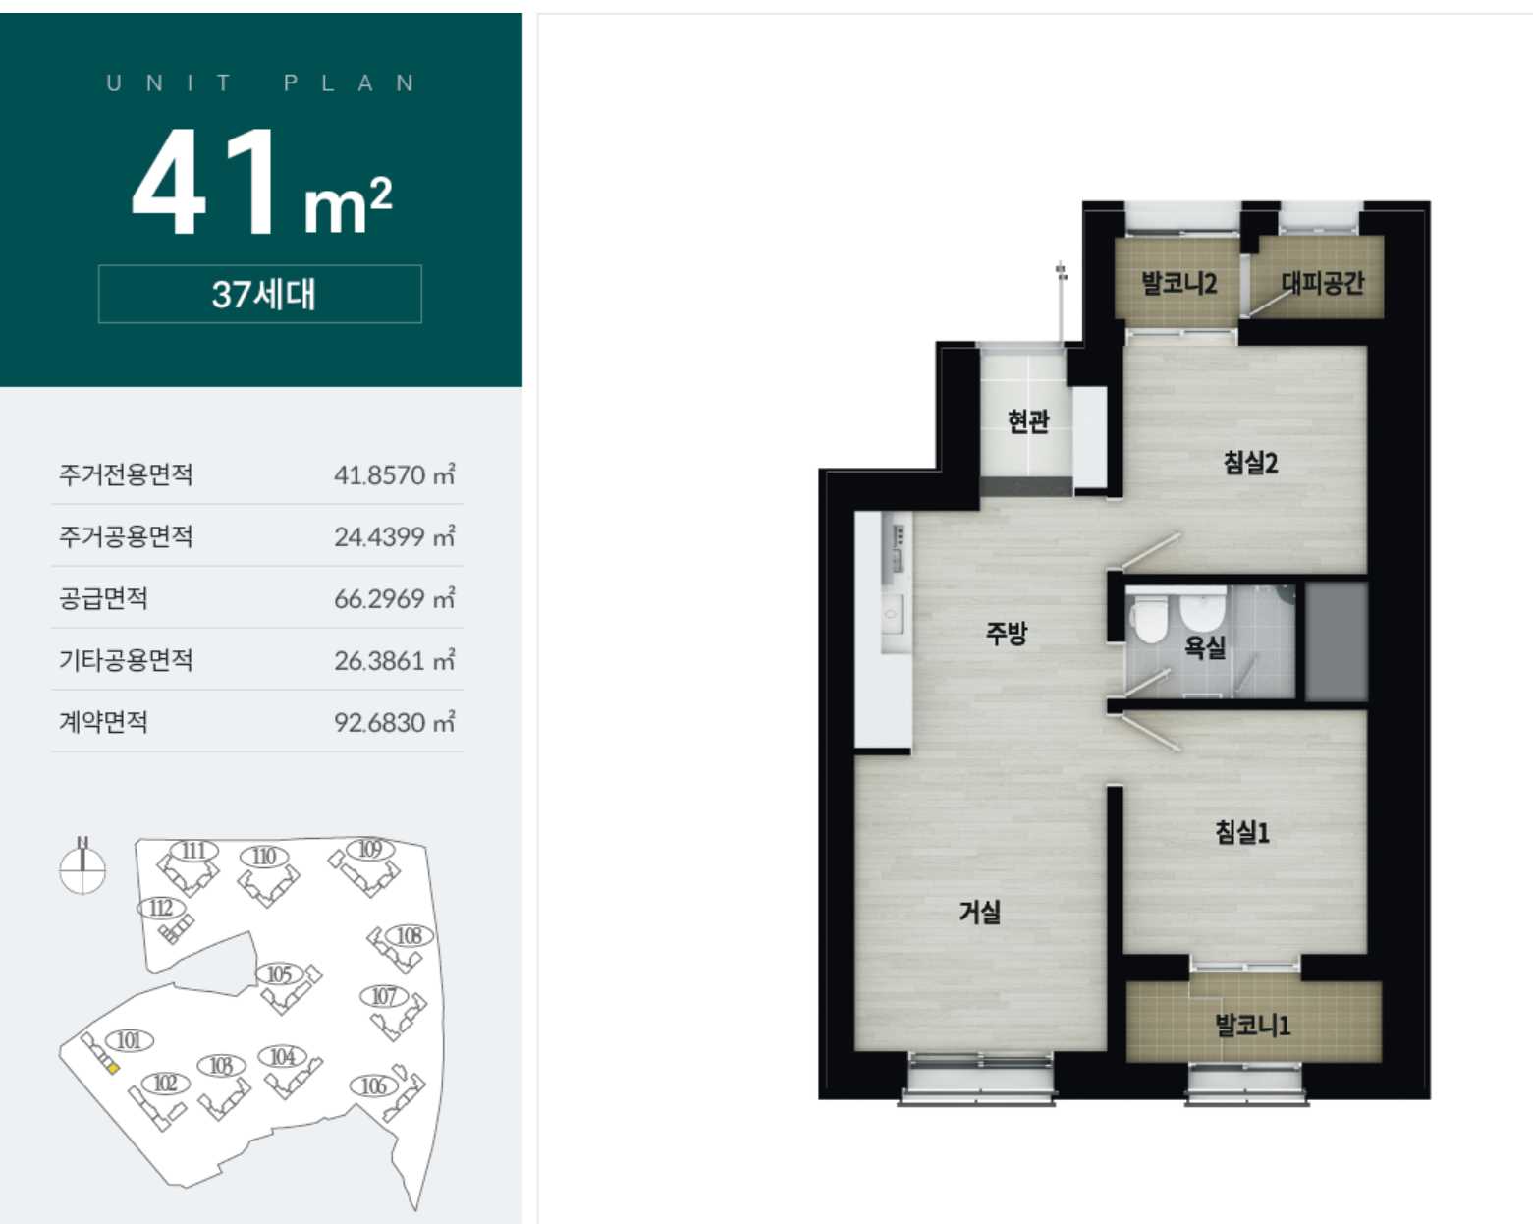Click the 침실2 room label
click(x=1250, y=463)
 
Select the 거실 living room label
click(x=979, y=912)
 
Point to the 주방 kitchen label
click(x=1007, y=632)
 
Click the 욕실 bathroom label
click(x=1204, y=646)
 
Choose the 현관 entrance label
click(x=1028, y=421)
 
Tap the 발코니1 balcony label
click(x=1252, y=1026)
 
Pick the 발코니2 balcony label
click(x=1178, y=283)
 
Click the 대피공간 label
click(x=1322, y=283)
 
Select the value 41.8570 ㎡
click(x=394, y=474)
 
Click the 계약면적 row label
click(x=103, y=722)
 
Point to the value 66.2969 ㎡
click(x=394, y=598)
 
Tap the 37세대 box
click(x=260, y=295)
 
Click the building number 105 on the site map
click(x=279, y=974)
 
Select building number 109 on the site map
click(x=369, y=850)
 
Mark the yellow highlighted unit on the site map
click(x=113, y=1068)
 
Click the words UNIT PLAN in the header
click(x=260, y=83)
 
